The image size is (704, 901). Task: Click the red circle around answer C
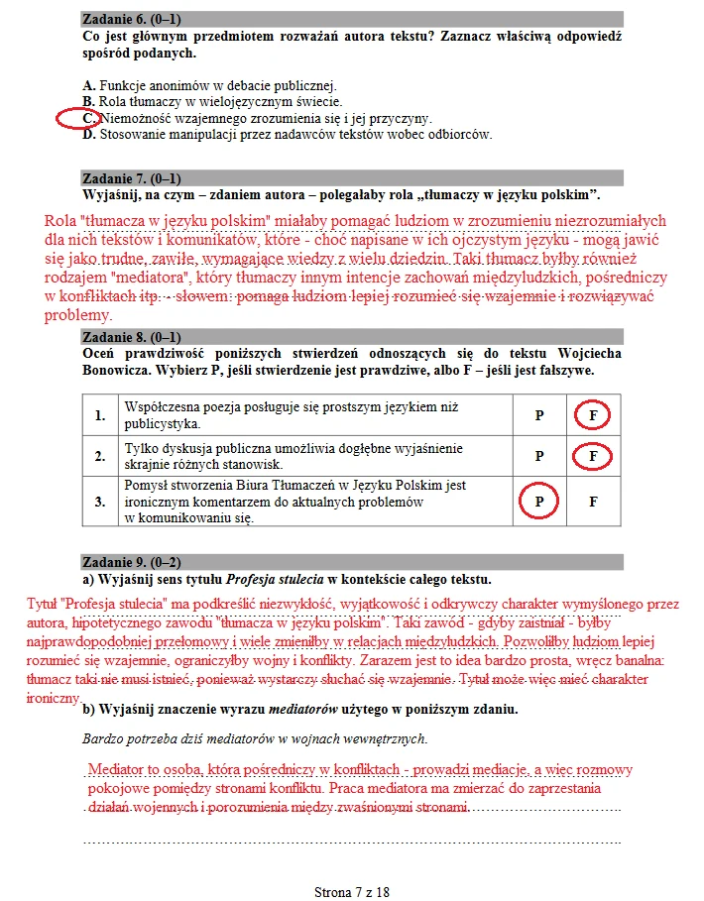(76, 118)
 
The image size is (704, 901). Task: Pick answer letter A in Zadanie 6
(88, 84)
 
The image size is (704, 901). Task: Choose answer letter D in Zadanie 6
(88, 134)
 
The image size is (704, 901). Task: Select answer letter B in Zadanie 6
(88, 101)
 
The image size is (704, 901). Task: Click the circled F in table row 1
(593, 415)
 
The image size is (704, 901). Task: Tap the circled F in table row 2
(593, 456)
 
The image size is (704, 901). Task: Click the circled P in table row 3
(539, 502)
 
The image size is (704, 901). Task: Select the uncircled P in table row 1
(539, 415)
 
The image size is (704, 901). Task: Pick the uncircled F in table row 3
(593, 502)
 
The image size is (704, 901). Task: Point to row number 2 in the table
(99, 456)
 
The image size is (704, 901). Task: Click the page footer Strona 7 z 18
(351, 891)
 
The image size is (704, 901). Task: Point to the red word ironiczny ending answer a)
(54, 698)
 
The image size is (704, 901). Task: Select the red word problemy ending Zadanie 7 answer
(72, 315)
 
